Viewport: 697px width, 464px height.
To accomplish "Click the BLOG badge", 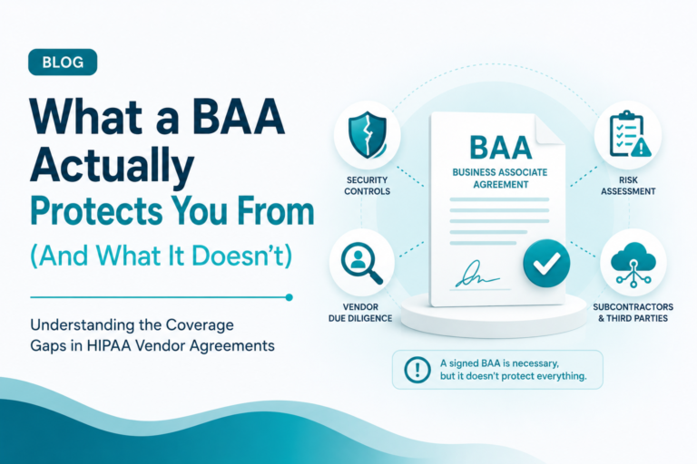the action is tap(63, 62).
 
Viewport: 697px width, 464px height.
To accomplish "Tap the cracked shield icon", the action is tap(368, 134).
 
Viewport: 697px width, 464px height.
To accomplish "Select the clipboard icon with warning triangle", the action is tap(629, 134).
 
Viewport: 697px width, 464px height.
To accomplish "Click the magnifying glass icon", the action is tap(362, 263).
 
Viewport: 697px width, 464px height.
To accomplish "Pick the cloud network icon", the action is tap(633, 263).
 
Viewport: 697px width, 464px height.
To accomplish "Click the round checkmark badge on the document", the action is tap(546, 263).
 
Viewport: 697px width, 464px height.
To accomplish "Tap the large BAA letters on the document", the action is tap(501, 148).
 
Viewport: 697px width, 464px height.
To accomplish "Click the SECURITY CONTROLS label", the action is tap(368, 186).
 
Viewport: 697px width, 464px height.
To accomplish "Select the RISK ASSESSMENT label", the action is tap(628, 186).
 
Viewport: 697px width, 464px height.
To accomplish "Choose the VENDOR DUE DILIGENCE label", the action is tap(360, 313).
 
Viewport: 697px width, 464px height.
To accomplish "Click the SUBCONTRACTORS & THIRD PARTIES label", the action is tap(633, 313).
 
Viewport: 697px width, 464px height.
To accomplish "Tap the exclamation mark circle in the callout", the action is tap(417, 370).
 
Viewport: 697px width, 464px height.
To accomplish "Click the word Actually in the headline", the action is tap(112, 165).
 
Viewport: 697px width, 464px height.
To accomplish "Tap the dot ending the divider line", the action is tap(289, 297).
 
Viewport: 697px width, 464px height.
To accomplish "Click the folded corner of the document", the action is tap(550, 130).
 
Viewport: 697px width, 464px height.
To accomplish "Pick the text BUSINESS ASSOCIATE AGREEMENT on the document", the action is tap(500, 178).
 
